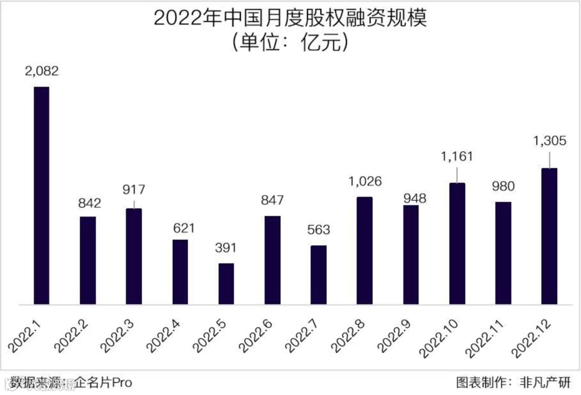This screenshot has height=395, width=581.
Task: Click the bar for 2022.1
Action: click(x=41, y=195)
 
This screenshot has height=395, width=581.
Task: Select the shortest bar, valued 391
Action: click(x=226, y=284)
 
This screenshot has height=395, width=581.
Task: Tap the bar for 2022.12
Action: click(x=549, y=236)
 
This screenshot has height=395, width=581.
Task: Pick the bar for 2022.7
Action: click(x=318, y=275)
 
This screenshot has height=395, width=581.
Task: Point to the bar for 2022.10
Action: click(x=457, y=244)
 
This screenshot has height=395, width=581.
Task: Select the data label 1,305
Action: click(x=549, y=142)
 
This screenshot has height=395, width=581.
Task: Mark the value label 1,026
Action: click(x=364, y=181)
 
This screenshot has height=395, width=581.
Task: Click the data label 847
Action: click(x=272, y=201)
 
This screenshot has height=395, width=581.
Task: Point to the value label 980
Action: click(x=503, y=187)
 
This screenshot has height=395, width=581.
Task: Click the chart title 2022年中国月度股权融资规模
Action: click(x=290, y=18)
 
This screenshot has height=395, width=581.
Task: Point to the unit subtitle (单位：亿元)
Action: click(x=290, y=43)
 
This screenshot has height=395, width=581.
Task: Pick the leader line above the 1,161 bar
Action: click(x=457, y=174)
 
